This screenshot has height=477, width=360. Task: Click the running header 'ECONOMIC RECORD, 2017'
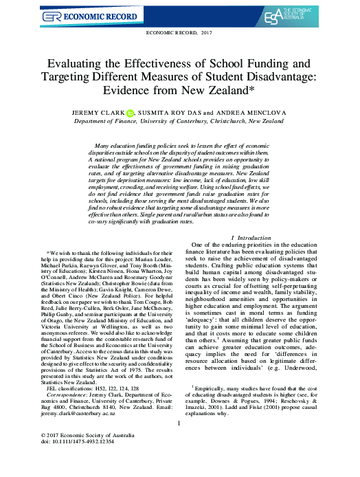coord(179,32)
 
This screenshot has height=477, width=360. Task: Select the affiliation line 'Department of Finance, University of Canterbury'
coord(179,120)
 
